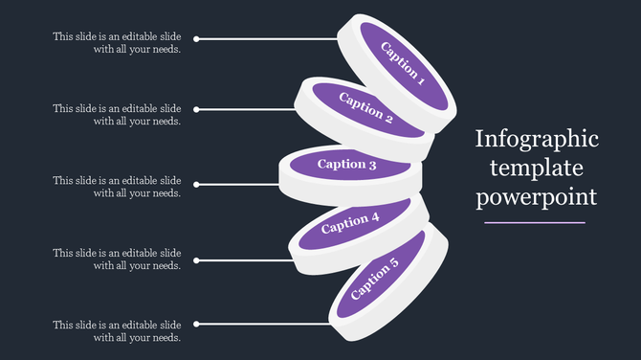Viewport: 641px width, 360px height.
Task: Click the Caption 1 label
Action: tap(402, 64)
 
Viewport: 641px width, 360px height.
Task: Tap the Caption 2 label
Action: tap(365, 108)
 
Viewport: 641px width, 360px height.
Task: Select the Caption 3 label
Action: tap(347, 164)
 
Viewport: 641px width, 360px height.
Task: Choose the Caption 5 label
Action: tap(376, 279)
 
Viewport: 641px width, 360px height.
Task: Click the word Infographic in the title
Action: tap(537, 140)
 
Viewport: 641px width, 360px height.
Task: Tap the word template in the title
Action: tap(534, 169)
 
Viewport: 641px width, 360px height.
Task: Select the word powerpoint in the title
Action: tap(536, 197)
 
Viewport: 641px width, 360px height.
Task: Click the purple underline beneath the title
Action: tap(535, 222)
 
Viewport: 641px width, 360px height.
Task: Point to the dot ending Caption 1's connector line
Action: tap(196, 39)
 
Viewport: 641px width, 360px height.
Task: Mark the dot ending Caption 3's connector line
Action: tap(196, 184)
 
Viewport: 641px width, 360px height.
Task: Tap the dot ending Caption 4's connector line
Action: tap(196, 259)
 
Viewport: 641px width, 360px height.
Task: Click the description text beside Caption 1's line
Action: tap(118, 43)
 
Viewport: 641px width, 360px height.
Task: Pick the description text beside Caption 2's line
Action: tap(118, 115)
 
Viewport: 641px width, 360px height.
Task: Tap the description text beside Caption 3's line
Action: tap(118, 187)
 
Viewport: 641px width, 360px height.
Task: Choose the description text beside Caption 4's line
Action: tap(118, 259)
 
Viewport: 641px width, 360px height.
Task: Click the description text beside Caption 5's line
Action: tap(118, 331)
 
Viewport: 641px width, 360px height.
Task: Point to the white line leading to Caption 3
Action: tap(239, 184)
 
